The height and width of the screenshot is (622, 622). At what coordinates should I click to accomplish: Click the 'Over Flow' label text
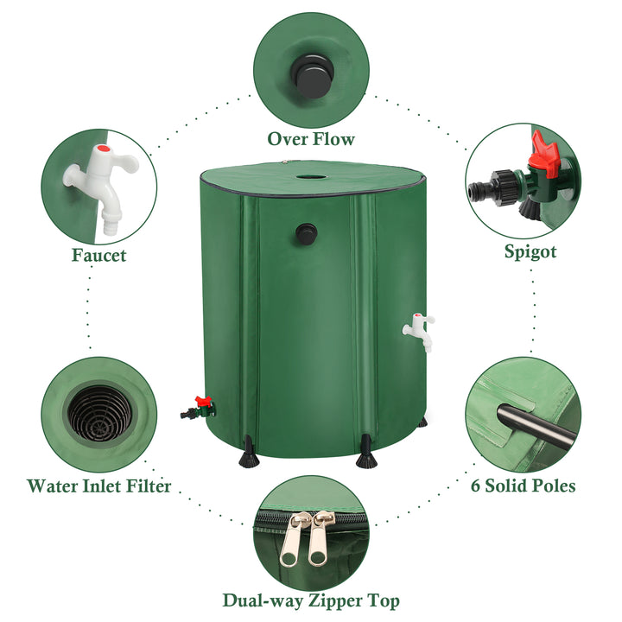click(311, 139)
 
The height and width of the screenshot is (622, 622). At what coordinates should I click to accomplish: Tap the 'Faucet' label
click(98, 255)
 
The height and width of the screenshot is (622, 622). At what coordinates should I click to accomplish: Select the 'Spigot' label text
click(530, 252)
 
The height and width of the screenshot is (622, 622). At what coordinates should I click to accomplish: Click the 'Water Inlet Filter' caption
click(98, 486)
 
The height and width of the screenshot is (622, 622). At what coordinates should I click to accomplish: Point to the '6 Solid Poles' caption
click(524, 486)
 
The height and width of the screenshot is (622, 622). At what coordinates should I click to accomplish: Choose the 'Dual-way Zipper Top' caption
click(311, 601)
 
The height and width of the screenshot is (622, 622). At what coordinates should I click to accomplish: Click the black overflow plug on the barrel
click(306, 234)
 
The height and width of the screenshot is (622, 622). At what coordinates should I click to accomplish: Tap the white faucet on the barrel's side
click(419, 332)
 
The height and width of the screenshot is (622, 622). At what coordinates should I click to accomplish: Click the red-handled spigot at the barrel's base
click(199, 408)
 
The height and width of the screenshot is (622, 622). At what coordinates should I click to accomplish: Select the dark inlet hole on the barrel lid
click(311, 175)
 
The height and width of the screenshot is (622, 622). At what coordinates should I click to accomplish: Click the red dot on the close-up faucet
click(105, 149)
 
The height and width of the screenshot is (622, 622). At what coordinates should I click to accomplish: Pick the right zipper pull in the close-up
click(320, 538)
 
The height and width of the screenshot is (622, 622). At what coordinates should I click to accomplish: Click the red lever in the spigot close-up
click(545, 154)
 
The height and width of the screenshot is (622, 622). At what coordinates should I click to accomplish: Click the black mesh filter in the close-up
click(99, 414)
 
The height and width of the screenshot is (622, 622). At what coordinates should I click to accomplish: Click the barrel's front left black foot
click(248, 452)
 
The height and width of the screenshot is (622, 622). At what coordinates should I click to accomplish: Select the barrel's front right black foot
click(366, 452)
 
